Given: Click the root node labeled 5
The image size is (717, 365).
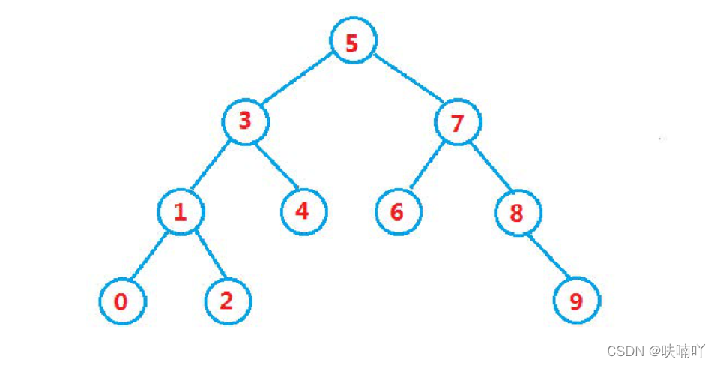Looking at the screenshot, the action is tap(352, 43).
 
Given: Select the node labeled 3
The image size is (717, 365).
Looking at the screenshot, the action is tap(245, 121).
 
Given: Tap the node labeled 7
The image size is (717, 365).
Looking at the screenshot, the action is tap(458, 122).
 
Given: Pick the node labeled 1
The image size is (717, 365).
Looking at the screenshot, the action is tap(181, 212).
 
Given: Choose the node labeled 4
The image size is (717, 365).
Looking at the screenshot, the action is tap(303, 211).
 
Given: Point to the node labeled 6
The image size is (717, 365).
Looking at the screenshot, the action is tap(397, 212).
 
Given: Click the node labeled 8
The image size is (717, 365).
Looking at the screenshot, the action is tap(517, 212).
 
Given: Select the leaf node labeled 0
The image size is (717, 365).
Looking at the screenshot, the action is tap(121, 302).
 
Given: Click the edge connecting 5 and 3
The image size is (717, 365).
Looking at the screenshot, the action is tap(297, 83).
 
